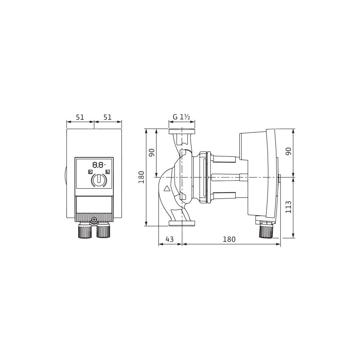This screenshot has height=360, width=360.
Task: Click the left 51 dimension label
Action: (x=80, y=117)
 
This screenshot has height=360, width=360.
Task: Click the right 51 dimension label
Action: (x=107, y=117)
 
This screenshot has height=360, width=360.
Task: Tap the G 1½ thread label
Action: (x=181, y=117)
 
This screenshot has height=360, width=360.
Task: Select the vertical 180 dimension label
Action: (x=141, y=177)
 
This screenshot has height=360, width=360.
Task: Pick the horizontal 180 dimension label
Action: (x=229, y=239)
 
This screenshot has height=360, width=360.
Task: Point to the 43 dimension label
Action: (x=170, y=239)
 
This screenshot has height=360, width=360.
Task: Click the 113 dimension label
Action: (x=288, y=207)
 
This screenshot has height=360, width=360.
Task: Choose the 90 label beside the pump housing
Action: (x=152, y=152)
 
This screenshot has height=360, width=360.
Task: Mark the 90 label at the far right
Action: (x=288, y=151)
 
